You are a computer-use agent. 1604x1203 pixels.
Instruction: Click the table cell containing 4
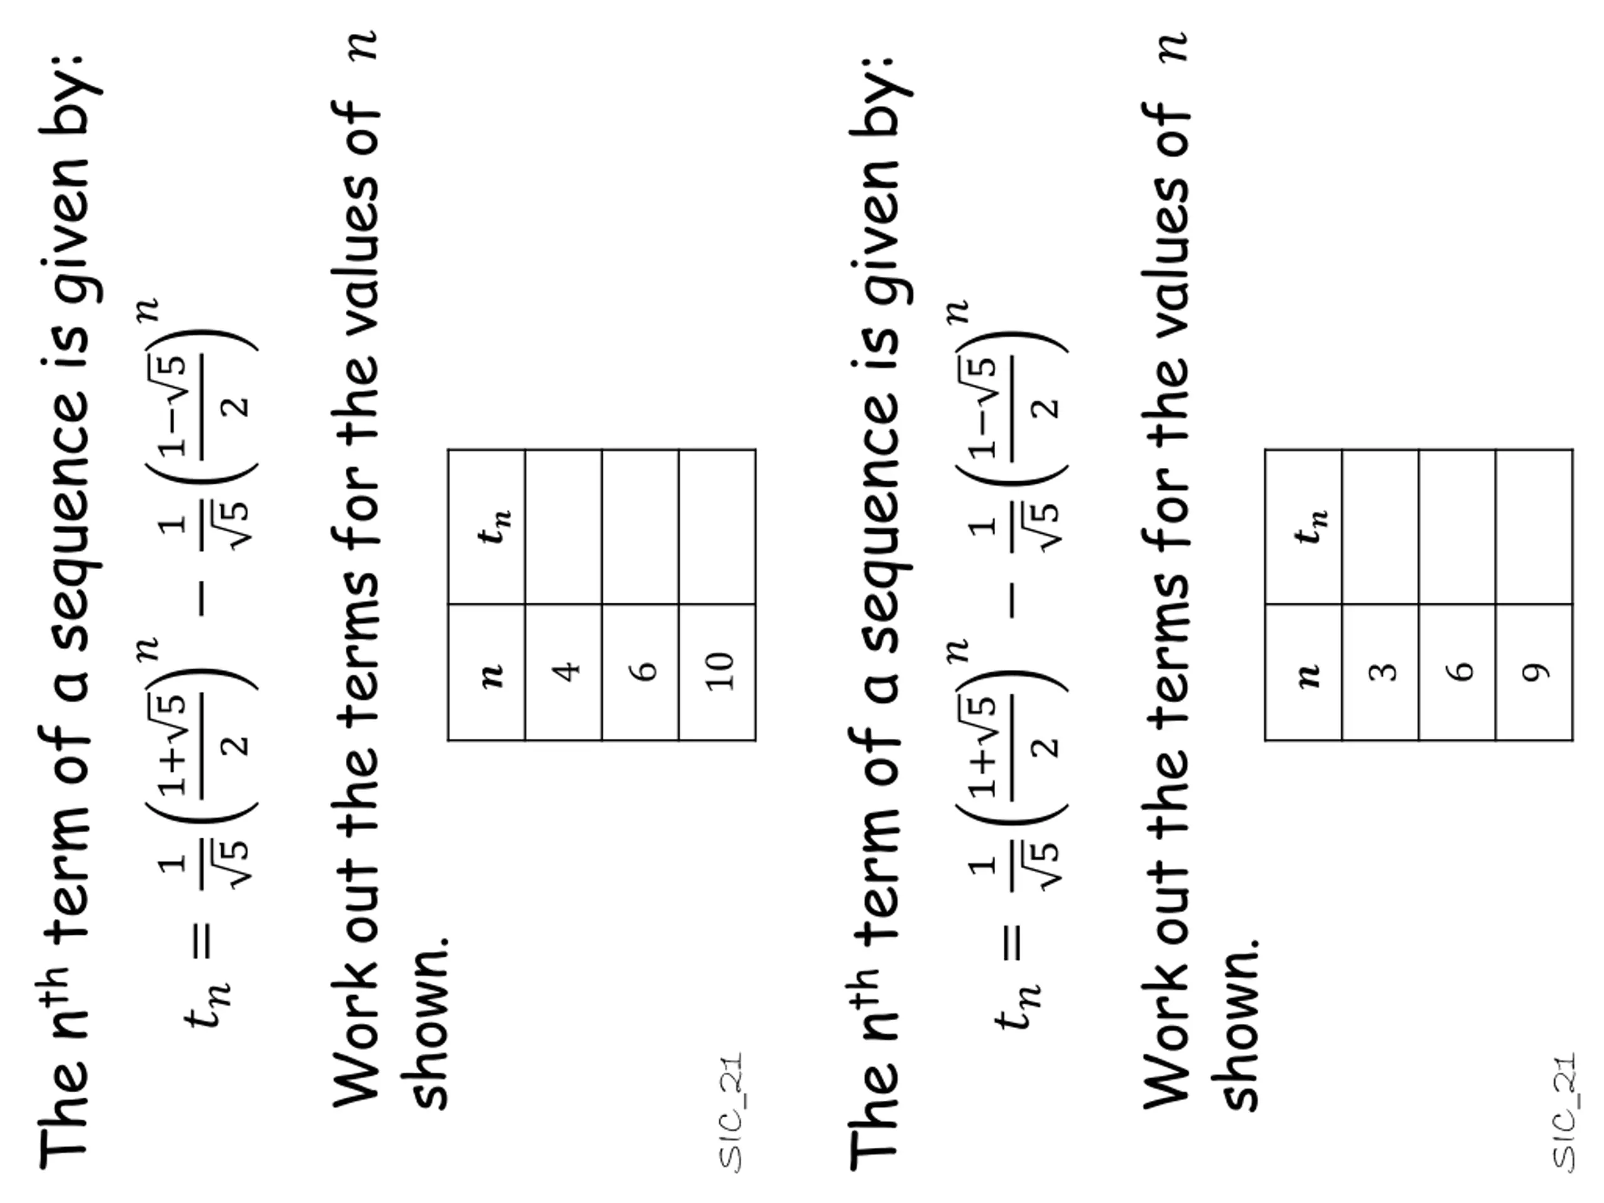coord(563,672)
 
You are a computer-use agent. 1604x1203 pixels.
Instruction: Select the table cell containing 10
coord(717,672)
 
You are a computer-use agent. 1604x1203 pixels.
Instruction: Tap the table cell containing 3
coord(1380,672)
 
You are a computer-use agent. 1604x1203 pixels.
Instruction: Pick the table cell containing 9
coord(1534,672)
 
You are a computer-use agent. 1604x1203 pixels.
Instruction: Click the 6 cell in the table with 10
coord(640,672)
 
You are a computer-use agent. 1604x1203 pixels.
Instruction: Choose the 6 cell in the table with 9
coord(1457,672)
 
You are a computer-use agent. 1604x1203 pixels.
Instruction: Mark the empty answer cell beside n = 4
coord(563,526)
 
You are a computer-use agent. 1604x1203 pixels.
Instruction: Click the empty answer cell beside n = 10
coord(717,526)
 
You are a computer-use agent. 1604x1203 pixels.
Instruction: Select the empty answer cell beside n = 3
coord(1380,526)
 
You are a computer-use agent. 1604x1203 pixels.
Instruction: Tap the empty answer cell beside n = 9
coord(1534,526)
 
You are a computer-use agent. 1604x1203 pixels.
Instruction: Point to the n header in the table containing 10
coord(487,672)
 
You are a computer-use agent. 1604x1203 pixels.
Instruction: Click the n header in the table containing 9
coord(1303,672)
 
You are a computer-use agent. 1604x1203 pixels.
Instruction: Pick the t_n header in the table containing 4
coord(487,526)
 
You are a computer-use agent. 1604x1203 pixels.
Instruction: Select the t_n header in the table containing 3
coord(1303,526)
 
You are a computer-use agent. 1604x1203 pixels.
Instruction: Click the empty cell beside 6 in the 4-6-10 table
coord(640,526)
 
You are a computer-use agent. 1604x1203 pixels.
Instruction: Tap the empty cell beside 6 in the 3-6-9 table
coord(1457,526)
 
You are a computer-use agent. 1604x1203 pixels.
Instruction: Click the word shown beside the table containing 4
coord(429,1023)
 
